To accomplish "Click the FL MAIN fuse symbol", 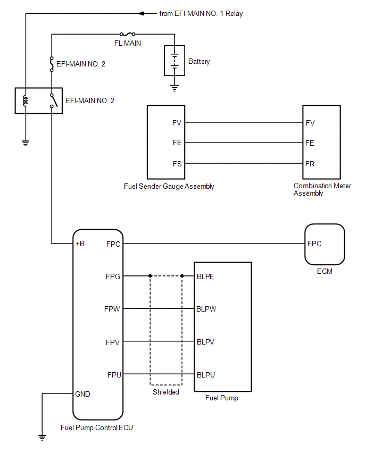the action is tap(128, 34).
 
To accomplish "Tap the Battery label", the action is tap(199, 61).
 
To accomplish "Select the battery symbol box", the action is tap(174, 61).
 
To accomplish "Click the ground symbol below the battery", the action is tap(174, 88).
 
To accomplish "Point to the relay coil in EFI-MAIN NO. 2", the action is tap(26, 100).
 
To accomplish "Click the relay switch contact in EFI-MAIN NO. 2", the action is tap(54, 100).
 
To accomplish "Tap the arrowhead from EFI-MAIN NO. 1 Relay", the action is tap(141, 13).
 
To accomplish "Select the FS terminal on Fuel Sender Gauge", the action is tap(177, 164).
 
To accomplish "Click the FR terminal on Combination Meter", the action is tap(310, 164).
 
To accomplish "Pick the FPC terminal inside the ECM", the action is tap(314, 244).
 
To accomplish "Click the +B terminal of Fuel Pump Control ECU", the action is tap(80, 244).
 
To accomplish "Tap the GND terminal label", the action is tap(82, 394).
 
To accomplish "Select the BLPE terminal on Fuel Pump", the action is tap(205, 276).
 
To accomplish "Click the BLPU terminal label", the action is tap(206, 375).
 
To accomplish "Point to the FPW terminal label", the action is tap(112, 309).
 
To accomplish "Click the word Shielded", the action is tap(166, 392).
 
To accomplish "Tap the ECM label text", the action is tap(325, 271).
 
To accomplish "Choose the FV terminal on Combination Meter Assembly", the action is tap(310, 123).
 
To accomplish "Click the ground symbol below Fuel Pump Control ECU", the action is tap(42, 438).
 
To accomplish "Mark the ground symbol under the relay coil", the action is tap(26, 143).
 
